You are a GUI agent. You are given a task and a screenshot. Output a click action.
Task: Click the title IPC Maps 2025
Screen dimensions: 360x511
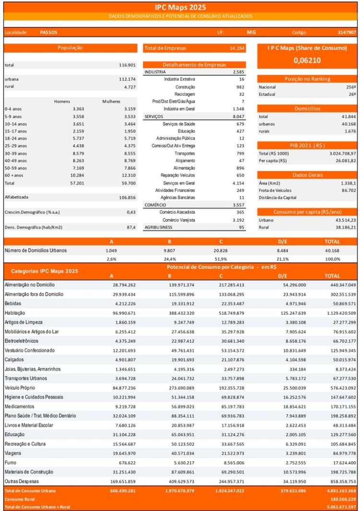pos(180,8)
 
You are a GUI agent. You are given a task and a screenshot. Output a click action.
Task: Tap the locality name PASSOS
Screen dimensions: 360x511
pos(48,32)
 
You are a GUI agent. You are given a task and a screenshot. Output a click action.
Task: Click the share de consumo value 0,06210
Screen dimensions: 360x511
pos(307,61)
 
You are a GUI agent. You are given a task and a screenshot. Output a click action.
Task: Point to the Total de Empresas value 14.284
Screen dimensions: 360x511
pos(237,48)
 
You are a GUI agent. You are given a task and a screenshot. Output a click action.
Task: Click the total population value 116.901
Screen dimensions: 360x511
pos(127,65)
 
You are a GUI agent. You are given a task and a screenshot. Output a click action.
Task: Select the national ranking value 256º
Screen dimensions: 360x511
pos(351,87)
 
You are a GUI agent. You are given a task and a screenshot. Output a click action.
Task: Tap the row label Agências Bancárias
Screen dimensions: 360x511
pos(178,197)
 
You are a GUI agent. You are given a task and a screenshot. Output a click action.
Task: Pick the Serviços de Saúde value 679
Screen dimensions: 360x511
pos(240,124)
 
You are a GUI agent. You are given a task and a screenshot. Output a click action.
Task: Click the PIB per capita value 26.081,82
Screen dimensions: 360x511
pos(344,161)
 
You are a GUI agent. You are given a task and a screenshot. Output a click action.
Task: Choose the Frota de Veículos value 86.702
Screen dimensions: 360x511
pos(348,190)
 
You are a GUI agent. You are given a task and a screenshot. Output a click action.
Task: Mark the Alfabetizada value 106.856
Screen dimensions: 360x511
pos(127,197)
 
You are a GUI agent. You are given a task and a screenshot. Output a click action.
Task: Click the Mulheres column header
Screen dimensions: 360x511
pos(111,101)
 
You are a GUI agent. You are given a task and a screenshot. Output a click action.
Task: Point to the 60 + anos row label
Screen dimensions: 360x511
pos(14,175)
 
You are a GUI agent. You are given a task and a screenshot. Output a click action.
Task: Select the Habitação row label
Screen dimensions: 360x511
pos(15,313)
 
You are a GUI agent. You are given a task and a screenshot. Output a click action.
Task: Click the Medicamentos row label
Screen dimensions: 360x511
pos(19,406)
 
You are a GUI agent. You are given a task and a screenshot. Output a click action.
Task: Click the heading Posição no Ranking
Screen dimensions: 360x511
pos(307,79)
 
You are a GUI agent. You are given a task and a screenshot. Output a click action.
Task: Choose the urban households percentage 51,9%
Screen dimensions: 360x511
pos(221,259)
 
